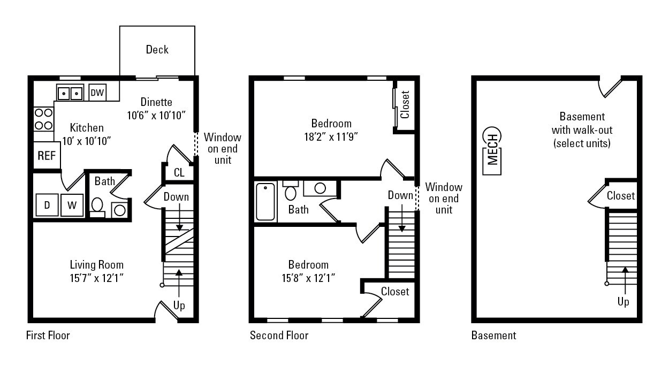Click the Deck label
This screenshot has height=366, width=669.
point(157,50)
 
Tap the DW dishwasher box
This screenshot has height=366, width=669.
point(97,93)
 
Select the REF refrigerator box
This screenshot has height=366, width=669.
point(47,156)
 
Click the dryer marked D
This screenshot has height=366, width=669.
point(47,204)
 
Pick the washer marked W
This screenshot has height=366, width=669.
point(72,204)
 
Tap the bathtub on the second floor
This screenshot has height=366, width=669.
point(265,202)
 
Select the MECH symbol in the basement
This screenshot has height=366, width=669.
point(492,151)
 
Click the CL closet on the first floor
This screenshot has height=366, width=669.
point(179,172)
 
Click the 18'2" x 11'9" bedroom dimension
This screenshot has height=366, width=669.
point(331,136)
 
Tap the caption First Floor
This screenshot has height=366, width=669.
point(48,336)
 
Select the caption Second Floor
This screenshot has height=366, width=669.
point(279,336)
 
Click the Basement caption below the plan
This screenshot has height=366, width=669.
point(493,336)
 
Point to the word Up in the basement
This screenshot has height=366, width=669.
point(623,302)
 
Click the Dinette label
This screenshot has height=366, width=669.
point(156,102)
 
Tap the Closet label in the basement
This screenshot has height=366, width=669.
point(621,196)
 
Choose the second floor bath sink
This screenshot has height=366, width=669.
point(320,188)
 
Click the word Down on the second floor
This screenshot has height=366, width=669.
point(400,195)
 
